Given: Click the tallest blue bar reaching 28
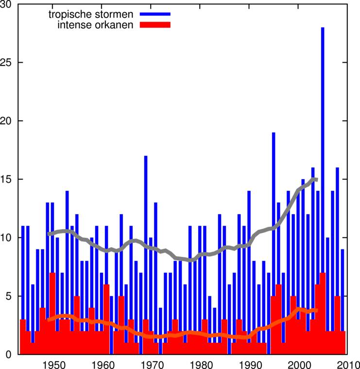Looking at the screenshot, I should tap(323, 146).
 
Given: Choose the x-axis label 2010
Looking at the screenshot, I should tap(347, 364).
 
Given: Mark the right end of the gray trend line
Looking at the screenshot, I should tap(317, 180).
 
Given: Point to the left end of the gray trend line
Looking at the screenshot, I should tap(49, 234).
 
